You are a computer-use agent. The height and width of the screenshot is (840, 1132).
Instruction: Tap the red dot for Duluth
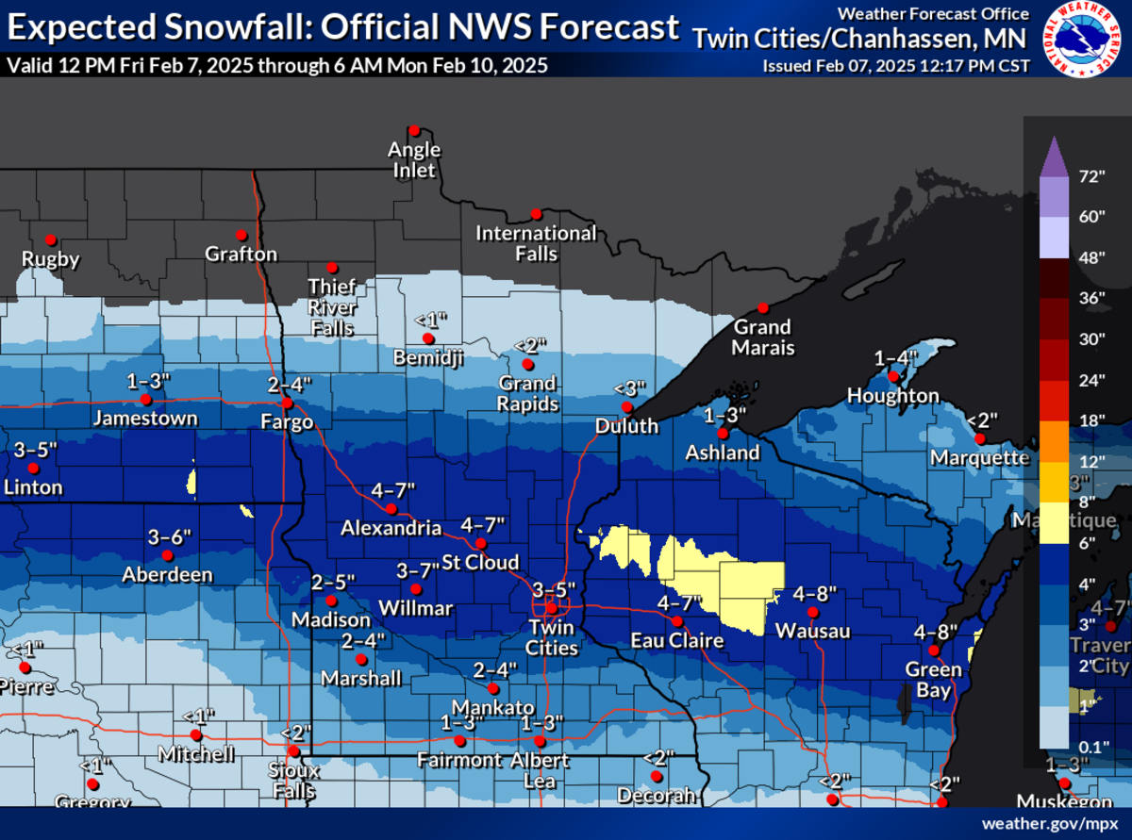click(625, 406)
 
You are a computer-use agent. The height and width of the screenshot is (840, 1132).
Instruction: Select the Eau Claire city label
click(677, 641)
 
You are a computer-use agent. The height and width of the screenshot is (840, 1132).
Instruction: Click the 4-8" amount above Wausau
click(815, 594)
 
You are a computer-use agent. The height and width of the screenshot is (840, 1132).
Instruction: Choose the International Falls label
click(536, 243)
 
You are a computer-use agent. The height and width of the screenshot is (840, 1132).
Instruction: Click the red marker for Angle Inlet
click(414, 130)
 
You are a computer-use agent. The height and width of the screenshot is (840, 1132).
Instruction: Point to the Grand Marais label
click(763, 337)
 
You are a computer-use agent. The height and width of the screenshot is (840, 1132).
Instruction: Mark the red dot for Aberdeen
click(168, 555)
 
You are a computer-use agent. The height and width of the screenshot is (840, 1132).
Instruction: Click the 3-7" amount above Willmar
click(417, 570)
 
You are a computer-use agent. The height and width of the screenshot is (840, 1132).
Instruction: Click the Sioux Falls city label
click(293, 781)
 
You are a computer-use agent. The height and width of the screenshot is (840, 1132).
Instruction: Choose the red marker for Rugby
click(51, 239)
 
